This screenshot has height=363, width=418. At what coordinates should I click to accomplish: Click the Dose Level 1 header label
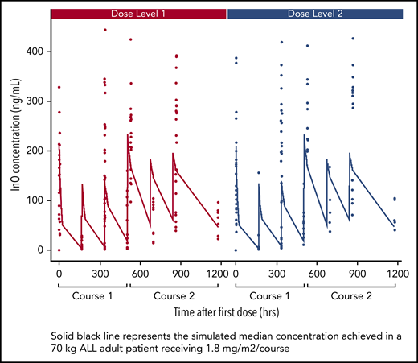coord(138,14)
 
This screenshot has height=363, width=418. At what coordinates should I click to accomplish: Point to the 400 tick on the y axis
coord(39,52)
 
